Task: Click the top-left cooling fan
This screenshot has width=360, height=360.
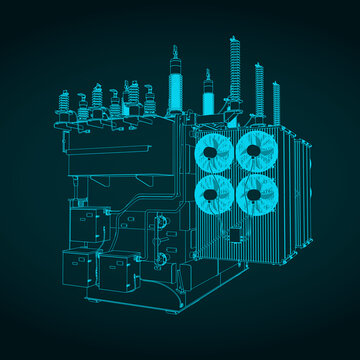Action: point(215,153)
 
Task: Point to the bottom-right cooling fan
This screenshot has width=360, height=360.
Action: point(258,193)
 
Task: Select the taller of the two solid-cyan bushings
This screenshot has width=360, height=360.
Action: point(176,85)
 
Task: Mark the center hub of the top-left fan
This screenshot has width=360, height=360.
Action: point(215,153)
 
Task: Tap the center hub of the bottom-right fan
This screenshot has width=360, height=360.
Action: point(258,193)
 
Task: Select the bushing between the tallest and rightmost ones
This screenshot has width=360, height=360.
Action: point(258,90)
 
